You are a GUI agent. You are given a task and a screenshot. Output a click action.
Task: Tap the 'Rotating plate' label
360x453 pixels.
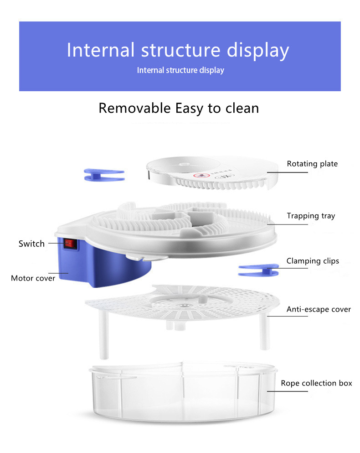pos(312,164)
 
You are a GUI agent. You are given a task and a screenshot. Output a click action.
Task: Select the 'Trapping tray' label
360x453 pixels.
pos(310,216)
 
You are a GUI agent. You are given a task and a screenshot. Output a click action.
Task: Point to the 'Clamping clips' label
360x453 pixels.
pos(313,261)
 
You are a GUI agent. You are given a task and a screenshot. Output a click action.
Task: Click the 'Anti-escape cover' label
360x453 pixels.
pos(319,309)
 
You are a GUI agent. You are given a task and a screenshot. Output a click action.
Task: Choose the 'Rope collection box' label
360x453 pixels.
pos(316,383)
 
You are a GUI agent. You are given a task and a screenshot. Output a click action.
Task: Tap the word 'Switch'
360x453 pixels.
pos(31,244)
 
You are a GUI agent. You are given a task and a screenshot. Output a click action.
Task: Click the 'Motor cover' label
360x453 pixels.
pos(33,278)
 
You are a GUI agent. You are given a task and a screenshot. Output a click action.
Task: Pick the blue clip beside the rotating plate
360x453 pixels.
pos(104,174)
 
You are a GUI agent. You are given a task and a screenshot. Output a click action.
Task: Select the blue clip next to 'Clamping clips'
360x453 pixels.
pos(258,270)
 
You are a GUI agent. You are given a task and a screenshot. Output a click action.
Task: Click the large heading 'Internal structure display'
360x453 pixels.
pos(178,50)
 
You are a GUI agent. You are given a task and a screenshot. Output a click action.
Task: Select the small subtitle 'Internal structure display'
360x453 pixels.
pos(180,70)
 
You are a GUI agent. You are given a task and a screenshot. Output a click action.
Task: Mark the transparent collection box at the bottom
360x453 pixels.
pos(182,397)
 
